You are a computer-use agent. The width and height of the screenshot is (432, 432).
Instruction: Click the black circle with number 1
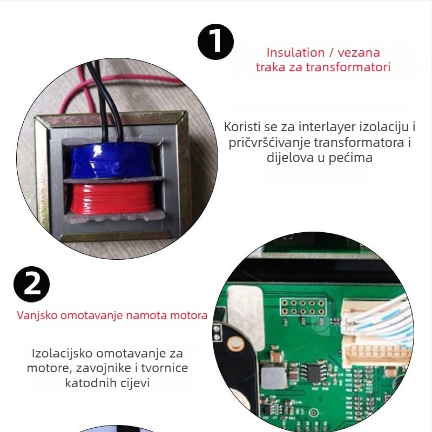[215, 42]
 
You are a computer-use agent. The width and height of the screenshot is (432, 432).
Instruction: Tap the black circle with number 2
[32, 284]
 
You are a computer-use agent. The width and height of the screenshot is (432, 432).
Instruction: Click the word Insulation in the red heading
[295, 52]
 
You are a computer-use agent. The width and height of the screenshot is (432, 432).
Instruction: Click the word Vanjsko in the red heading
[37, 315]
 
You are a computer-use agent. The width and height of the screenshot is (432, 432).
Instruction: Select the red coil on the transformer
[111, 198]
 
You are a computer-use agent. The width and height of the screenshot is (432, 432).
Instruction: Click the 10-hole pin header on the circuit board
[303, 307]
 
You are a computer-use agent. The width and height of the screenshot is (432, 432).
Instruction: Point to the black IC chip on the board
[314, 373]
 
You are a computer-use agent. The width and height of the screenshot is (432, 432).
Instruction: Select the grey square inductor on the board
[273, 377]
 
